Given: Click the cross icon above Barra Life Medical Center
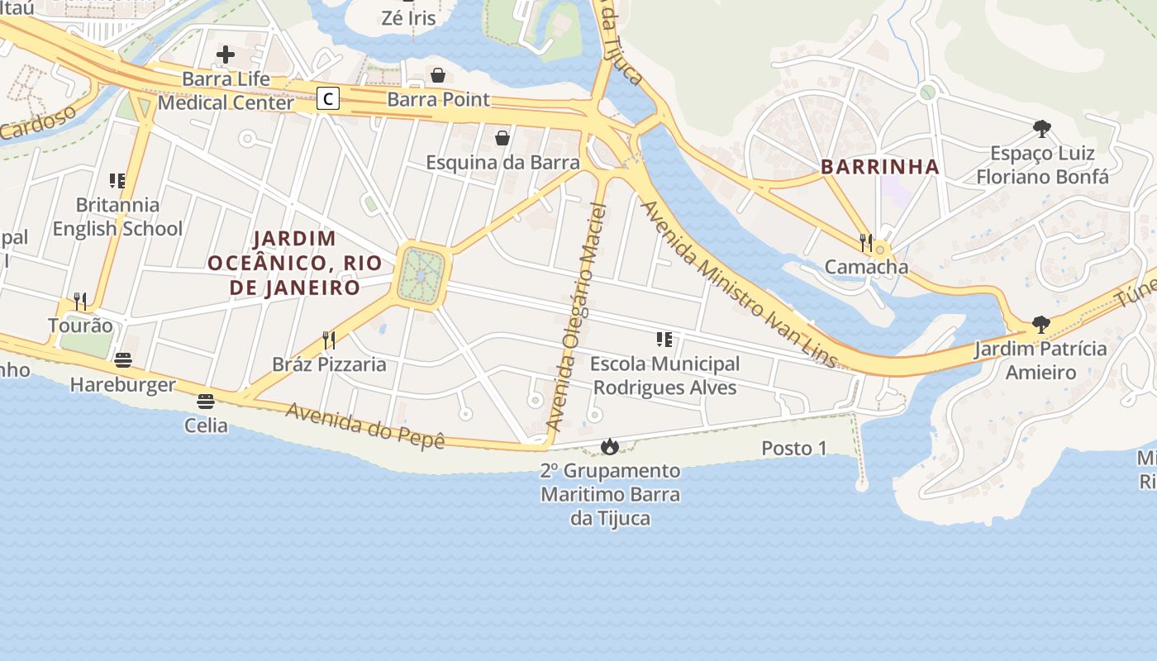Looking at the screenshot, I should (226, 55).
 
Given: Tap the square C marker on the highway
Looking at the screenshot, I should (328, 99).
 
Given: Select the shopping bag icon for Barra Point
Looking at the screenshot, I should (438, 75).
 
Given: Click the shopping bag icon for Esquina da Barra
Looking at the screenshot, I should (502, 138).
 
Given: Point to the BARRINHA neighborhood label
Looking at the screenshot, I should (880, 167).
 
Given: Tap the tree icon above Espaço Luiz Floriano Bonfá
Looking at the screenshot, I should (1041, 129).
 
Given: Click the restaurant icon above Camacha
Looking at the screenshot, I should (865, 242).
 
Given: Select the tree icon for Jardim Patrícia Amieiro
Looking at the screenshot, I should (1040, 325).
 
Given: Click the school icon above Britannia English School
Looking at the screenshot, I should (117, 180).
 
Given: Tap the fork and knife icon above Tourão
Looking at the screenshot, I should (80, 301).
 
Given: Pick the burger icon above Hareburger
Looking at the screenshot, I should (123, 360).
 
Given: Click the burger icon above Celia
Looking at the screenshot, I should (206, 402).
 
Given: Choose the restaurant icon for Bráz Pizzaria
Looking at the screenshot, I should (329, 340).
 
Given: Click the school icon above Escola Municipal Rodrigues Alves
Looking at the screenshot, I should (664, 340).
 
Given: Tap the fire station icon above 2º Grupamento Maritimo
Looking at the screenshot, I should (610, 447).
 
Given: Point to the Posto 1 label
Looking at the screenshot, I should (793, 449).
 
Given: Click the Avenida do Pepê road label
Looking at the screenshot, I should (365, 425).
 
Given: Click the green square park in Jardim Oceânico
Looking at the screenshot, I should (421, 276).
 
